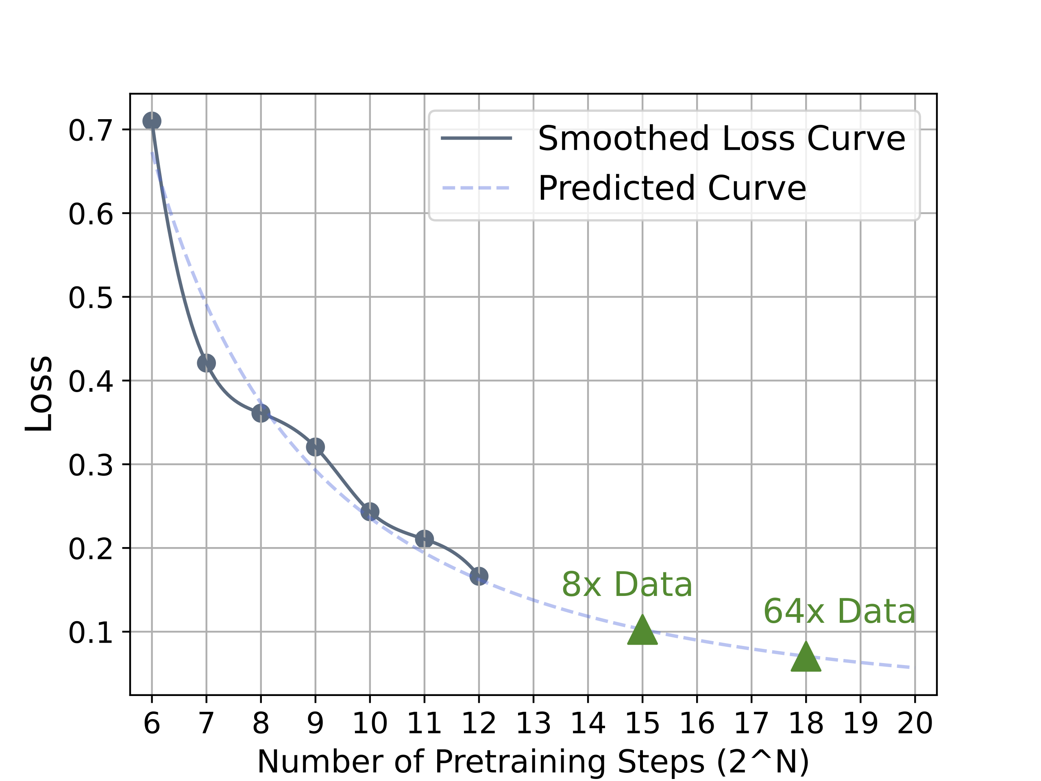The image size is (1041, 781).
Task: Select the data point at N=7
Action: coord(206,363)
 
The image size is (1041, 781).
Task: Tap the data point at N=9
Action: coord(315,447)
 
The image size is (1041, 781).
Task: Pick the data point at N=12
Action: coord(479,576)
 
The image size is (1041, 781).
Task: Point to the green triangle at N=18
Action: coord(806,658)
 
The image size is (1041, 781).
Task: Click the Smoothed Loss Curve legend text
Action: coord(721,138)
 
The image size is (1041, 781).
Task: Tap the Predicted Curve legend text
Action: coord(672,188)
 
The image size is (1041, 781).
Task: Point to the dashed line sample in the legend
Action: coord(476,188)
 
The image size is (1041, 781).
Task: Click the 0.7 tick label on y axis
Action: coord(91,131)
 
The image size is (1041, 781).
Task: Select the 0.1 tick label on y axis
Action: coord(91,632)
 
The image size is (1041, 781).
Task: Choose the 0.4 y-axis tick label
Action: coord(91,381)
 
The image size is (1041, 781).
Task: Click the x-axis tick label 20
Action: coord(915,724)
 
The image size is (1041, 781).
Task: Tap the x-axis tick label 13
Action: coord(533,724)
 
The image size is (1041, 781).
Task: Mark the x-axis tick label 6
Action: coord(152,724)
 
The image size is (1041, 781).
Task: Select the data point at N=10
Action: coord(370,511)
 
